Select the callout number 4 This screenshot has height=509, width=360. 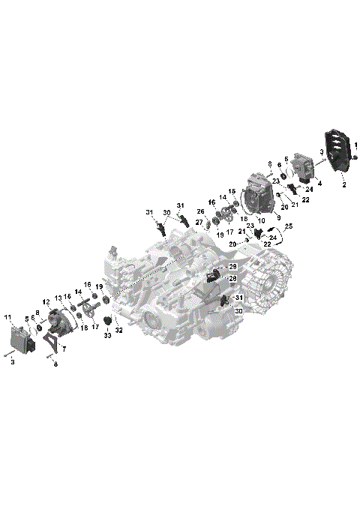319,183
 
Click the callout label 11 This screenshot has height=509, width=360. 8,318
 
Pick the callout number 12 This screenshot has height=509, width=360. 46,302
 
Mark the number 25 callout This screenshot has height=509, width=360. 289,226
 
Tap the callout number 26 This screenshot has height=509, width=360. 200,211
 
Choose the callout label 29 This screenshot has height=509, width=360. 232,266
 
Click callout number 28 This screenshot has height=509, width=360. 232,278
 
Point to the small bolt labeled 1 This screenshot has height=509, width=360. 355,157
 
